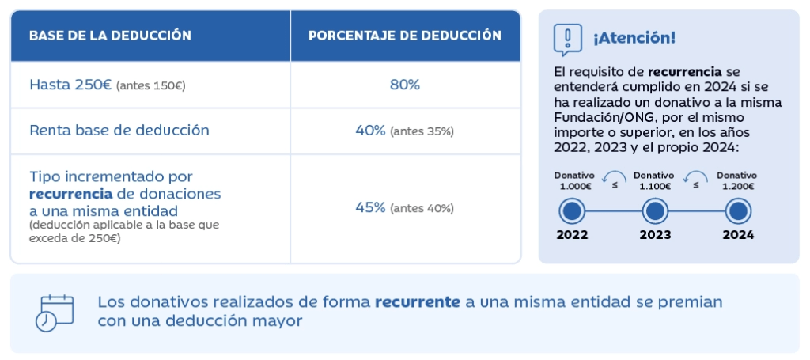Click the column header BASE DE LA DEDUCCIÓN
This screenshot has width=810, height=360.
110,36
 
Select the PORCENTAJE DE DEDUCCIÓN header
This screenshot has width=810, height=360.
404,36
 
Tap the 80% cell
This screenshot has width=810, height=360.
404,85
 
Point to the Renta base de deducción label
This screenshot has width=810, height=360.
119,131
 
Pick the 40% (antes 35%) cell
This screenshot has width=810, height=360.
404,131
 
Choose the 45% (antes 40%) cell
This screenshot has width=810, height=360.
404,208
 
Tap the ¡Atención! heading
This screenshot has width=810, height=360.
634,38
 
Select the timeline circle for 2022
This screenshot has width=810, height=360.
572,211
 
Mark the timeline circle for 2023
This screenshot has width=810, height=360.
655,211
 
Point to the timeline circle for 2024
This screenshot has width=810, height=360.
737,211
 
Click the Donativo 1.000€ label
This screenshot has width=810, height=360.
573,180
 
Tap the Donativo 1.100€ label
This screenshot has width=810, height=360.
654,180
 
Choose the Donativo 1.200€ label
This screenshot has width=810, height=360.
736,180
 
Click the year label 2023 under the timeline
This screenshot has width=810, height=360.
655,235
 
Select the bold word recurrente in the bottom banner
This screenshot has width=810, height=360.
417,302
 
